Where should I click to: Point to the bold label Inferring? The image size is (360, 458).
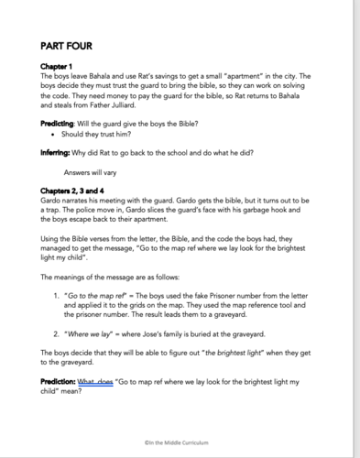58,150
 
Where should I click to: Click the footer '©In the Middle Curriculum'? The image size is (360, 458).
180,443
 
